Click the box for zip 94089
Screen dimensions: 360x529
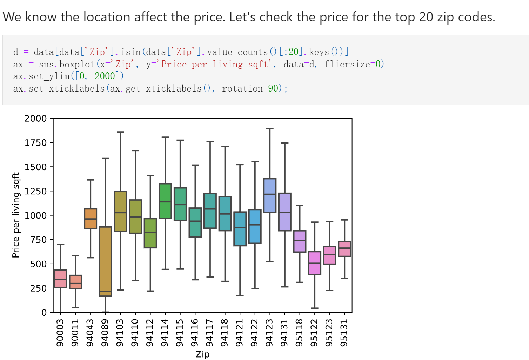pyautogui.click(x=105, y=261)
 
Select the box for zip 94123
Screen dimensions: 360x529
pyautogui.click(x=270, y=195)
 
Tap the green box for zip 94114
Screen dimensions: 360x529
pyautogui.click(x=165, y=201)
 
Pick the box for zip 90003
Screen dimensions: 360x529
pyautogui.click(x=61, y=279)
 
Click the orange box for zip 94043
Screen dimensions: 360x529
pyautogui.click(x=91, y=219)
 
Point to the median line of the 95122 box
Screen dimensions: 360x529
pyautogui.click(x=315, y=263)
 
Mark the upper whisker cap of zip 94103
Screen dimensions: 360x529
pyautogui.click(x=120, y=132)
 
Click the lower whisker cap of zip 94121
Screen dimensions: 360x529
pyautogui.click(x=240, y=295)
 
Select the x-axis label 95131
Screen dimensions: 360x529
pyautogui.click(x=344, y=332)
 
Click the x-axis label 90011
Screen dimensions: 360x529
pyautogui.click(x=75, y=332)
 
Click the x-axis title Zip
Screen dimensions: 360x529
pyautogui.click(x=202, y=354)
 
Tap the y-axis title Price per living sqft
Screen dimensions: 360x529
pyautogui.click(x=16, y=215)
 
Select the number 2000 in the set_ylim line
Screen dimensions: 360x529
pyautogui.click(x=105, y=76)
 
